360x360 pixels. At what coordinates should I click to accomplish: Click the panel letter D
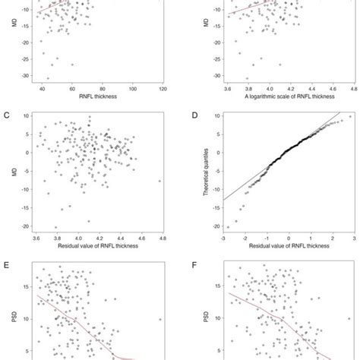[189, 115]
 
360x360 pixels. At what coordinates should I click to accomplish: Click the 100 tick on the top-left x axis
[134, 88]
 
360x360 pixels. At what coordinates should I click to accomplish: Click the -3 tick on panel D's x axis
[223, 235]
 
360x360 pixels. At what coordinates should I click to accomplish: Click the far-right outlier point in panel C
[160, 181]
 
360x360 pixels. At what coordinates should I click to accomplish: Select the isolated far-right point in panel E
[160, 320]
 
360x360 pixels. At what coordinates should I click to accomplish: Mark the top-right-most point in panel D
[349, 117]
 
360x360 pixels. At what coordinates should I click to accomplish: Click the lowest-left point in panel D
[228, 226]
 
